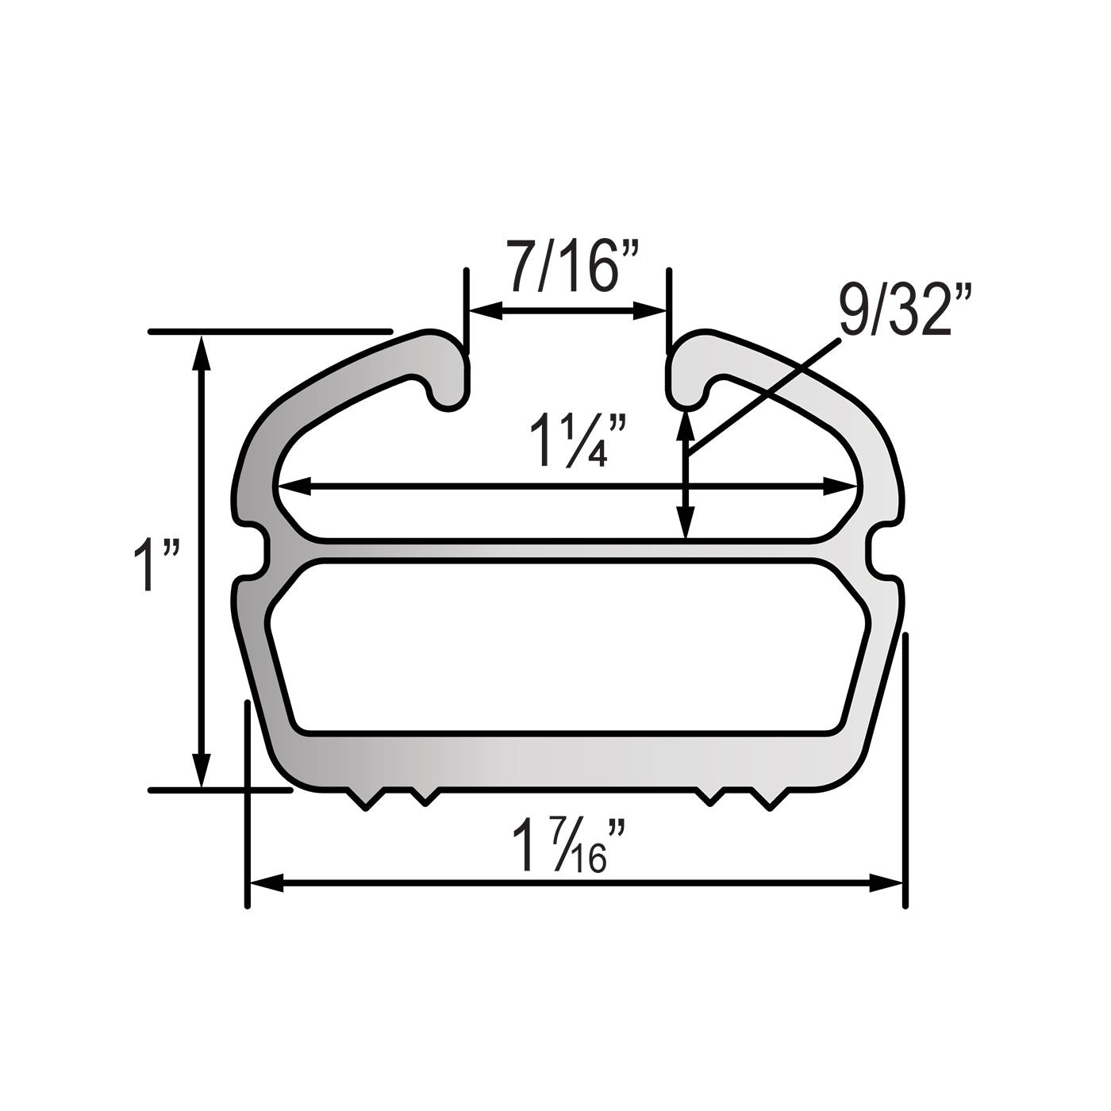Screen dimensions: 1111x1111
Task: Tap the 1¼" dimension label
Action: point(578,440)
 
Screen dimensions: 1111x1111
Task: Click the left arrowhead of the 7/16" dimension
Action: point(485,311)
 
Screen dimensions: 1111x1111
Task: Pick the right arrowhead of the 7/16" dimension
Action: point(650,311)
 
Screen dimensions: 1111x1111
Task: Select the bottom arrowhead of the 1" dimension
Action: point(201,771)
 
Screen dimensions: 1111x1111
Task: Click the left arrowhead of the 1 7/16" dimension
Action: point(267,899)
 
